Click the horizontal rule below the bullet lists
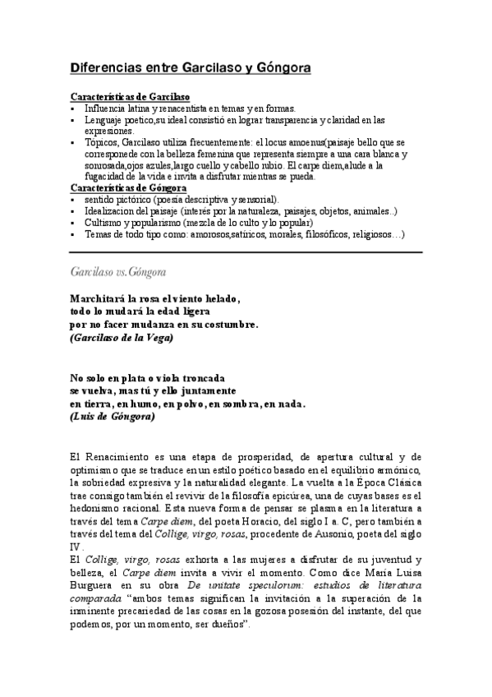[246, 252]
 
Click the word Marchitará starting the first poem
[103, 298]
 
